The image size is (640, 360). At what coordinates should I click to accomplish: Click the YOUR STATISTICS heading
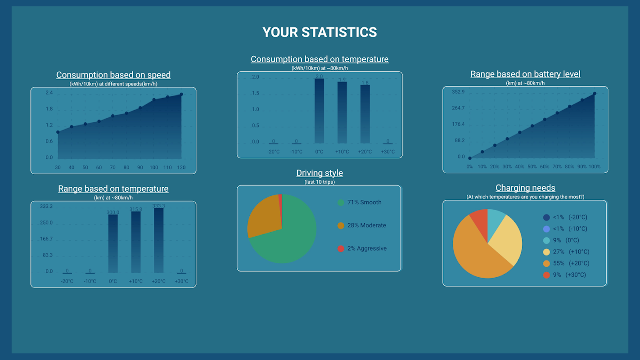(320, 32)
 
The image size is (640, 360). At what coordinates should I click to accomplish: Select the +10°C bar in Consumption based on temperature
(342, 112)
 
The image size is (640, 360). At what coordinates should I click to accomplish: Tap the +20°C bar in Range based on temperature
(158, 241)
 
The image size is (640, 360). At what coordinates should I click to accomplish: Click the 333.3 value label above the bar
(158, 206)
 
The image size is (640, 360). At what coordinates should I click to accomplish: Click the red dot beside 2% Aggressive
(341, 249)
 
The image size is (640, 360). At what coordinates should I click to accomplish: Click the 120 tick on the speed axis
(181, 168)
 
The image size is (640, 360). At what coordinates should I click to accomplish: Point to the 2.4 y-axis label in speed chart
(49, 93)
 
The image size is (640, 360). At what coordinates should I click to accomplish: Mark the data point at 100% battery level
(595, 94)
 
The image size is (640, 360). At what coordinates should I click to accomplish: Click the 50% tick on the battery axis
(532, 167)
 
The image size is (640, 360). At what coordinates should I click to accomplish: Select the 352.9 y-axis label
(458, 92)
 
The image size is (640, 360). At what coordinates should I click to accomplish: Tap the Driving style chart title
(320, 173)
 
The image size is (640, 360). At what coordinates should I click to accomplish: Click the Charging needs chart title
(525, 188)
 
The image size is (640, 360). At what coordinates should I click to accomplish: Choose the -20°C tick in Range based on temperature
(67, 282)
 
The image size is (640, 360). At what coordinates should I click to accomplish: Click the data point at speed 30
(58, 132)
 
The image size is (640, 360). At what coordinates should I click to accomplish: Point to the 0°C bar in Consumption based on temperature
(319, 111)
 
